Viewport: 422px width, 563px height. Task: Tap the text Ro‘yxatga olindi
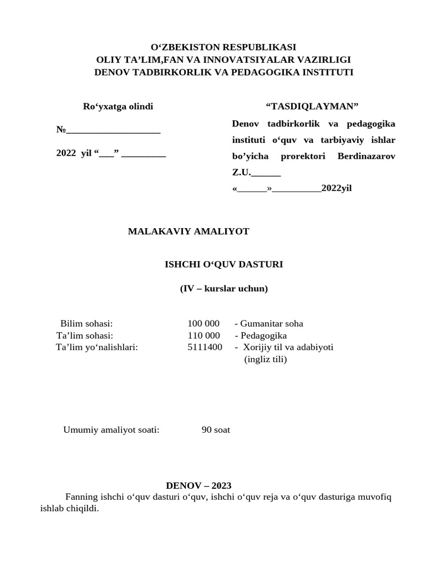click(x=118, y=107)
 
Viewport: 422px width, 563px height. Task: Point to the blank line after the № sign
click(x=113, y=130)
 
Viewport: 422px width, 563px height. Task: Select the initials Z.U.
click(x=241, y=173)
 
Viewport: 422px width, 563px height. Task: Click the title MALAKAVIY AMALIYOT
click(x=188, y=231)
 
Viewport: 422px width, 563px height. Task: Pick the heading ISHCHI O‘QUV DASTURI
click(x=224, y=264)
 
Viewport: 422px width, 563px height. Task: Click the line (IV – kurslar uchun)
click(x=224, y=289)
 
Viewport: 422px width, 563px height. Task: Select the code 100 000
click(x=203, y=324)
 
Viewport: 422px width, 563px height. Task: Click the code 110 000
click(x=203, y=335)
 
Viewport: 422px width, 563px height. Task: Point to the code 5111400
click(x=204, y=347)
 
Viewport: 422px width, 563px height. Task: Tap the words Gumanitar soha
click(x=271, y=324)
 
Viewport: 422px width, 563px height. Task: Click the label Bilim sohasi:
click(x=86, y=324)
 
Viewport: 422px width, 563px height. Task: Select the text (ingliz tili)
click(x=265, y=359)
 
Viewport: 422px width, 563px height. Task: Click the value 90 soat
click(x=215, y=430)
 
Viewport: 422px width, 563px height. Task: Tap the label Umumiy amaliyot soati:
click(x=111, y=430)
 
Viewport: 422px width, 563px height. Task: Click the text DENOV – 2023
click(x=198, y=485)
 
